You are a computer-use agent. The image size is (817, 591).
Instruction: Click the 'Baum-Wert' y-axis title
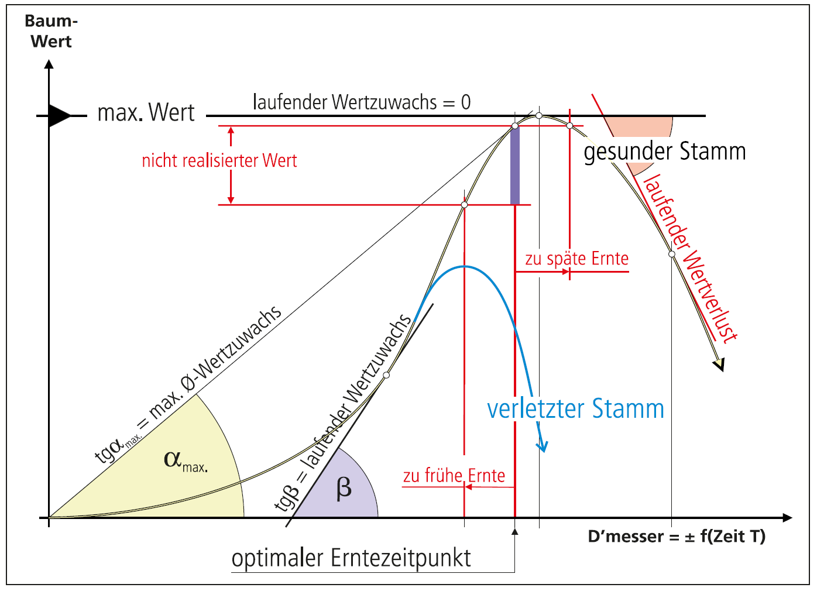point(51,32)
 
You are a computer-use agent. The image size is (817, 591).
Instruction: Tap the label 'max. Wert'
point(146,112)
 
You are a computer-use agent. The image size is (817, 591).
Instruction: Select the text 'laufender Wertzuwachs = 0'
point(362,102)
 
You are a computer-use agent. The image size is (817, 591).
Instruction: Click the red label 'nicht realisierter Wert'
point(219,160)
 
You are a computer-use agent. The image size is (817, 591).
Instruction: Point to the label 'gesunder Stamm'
point(665,152)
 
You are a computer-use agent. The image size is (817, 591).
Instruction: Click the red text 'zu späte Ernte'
point(576,259)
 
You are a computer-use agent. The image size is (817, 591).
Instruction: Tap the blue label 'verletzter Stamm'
point(575,409)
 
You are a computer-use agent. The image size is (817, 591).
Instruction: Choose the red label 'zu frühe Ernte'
point(454,476)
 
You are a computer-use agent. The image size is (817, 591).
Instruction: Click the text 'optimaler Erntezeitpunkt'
point(351,558)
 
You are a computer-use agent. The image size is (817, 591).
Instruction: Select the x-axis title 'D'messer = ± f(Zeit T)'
point(677,537)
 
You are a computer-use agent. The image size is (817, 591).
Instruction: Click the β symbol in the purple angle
point(344,488)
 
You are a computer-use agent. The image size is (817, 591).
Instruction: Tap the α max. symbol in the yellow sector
point(184,461)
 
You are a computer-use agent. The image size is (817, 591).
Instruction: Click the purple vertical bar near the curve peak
point(515,166)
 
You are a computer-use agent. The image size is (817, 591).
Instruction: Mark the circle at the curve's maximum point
point(539,116)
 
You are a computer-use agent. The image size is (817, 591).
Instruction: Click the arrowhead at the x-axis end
point(787,518)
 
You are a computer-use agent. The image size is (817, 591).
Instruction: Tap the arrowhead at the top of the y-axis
point(49,64)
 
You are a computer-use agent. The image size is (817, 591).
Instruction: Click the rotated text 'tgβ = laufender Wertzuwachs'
point(344,413)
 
